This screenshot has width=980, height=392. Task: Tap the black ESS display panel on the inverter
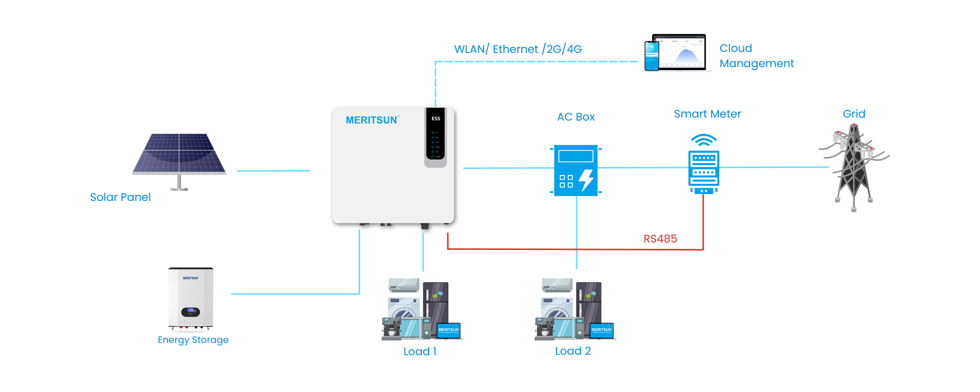tap(436, 135)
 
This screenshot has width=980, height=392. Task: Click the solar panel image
tap(179, 154)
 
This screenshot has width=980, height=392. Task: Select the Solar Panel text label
tap(121, 197)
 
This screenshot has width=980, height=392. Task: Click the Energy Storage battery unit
tap(191, 298)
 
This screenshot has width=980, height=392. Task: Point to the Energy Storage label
tap(193, 340)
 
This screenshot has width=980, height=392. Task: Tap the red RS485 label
tap(660, 239)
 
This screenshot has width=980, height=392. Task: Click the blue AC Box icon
tap(576, 171)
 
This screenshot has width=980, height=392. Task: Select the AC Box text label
tap(576, 117)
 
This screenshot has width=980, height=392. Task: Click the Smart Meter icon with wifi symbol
tap(704, 167)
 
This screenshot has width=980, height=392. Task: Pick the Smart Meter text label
tap(707, 114)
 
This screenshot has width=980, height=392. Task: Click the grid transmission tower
tap(854, 167)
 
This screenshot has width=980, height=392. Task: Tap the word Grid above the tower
tap(854, 114)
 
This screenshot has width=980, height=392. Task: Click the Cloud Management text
tap(756, 56)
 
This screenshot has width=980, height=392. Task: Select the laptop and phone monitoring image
tap(676, 53)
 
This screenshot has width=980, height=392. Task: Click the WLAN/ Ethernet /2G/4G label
tap(518, 49)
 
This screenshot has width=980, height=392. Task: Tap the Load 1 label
tap(420, 351)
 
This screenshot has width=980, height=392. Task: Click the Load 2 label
tap(573, 351)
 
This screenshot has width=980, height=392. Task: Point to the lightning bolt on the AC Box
tap(587, 180)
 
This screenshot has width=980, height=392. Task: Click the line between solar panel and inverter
tap(273, 171)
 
